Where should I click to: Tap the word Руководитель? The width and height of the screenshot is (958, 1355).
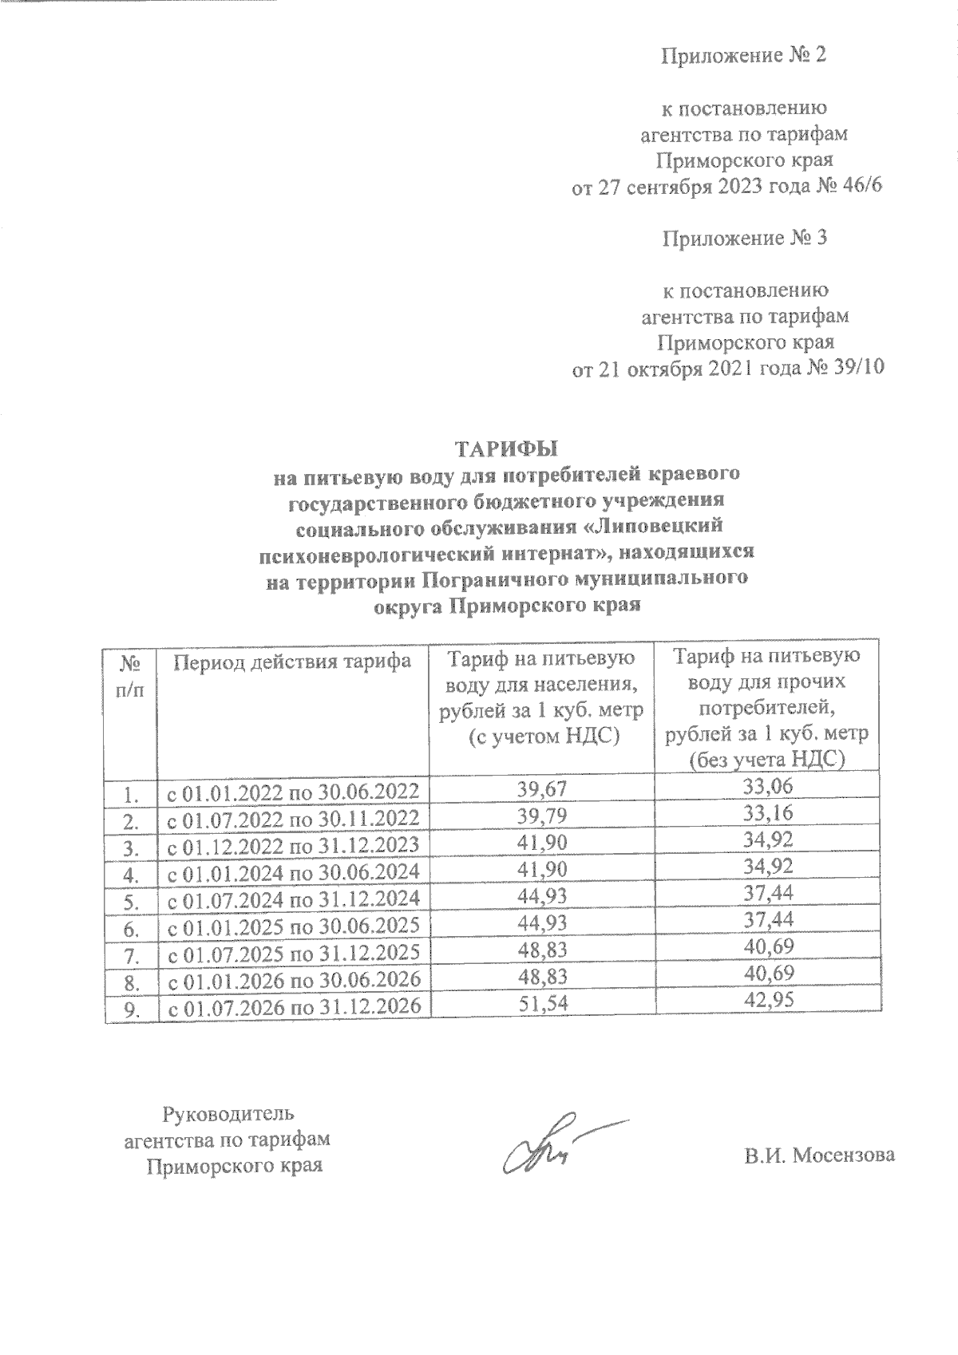pyautogui.click(x=229, y=1112)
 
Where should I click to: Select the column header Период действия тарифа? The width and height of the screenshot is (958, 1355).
pyautogui.click(x=292, y=661)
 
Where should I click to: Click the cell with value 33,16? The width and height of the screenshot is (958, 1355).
pyautogui.click(x=768, y=816)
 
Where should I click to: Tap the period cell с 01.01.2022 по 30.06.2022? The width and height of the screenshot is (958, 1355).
pyautogui.click(x=292, y=792)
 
